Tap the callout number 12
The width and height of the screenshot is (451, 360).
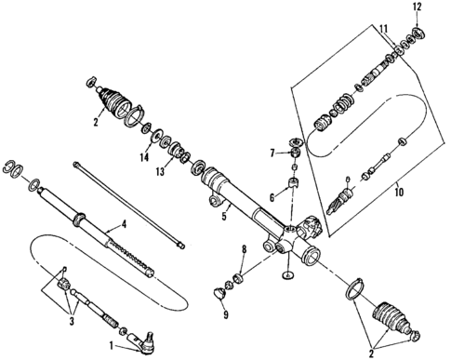(417, 7)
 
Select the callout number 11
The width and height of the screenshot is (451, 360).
(383, 32)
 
